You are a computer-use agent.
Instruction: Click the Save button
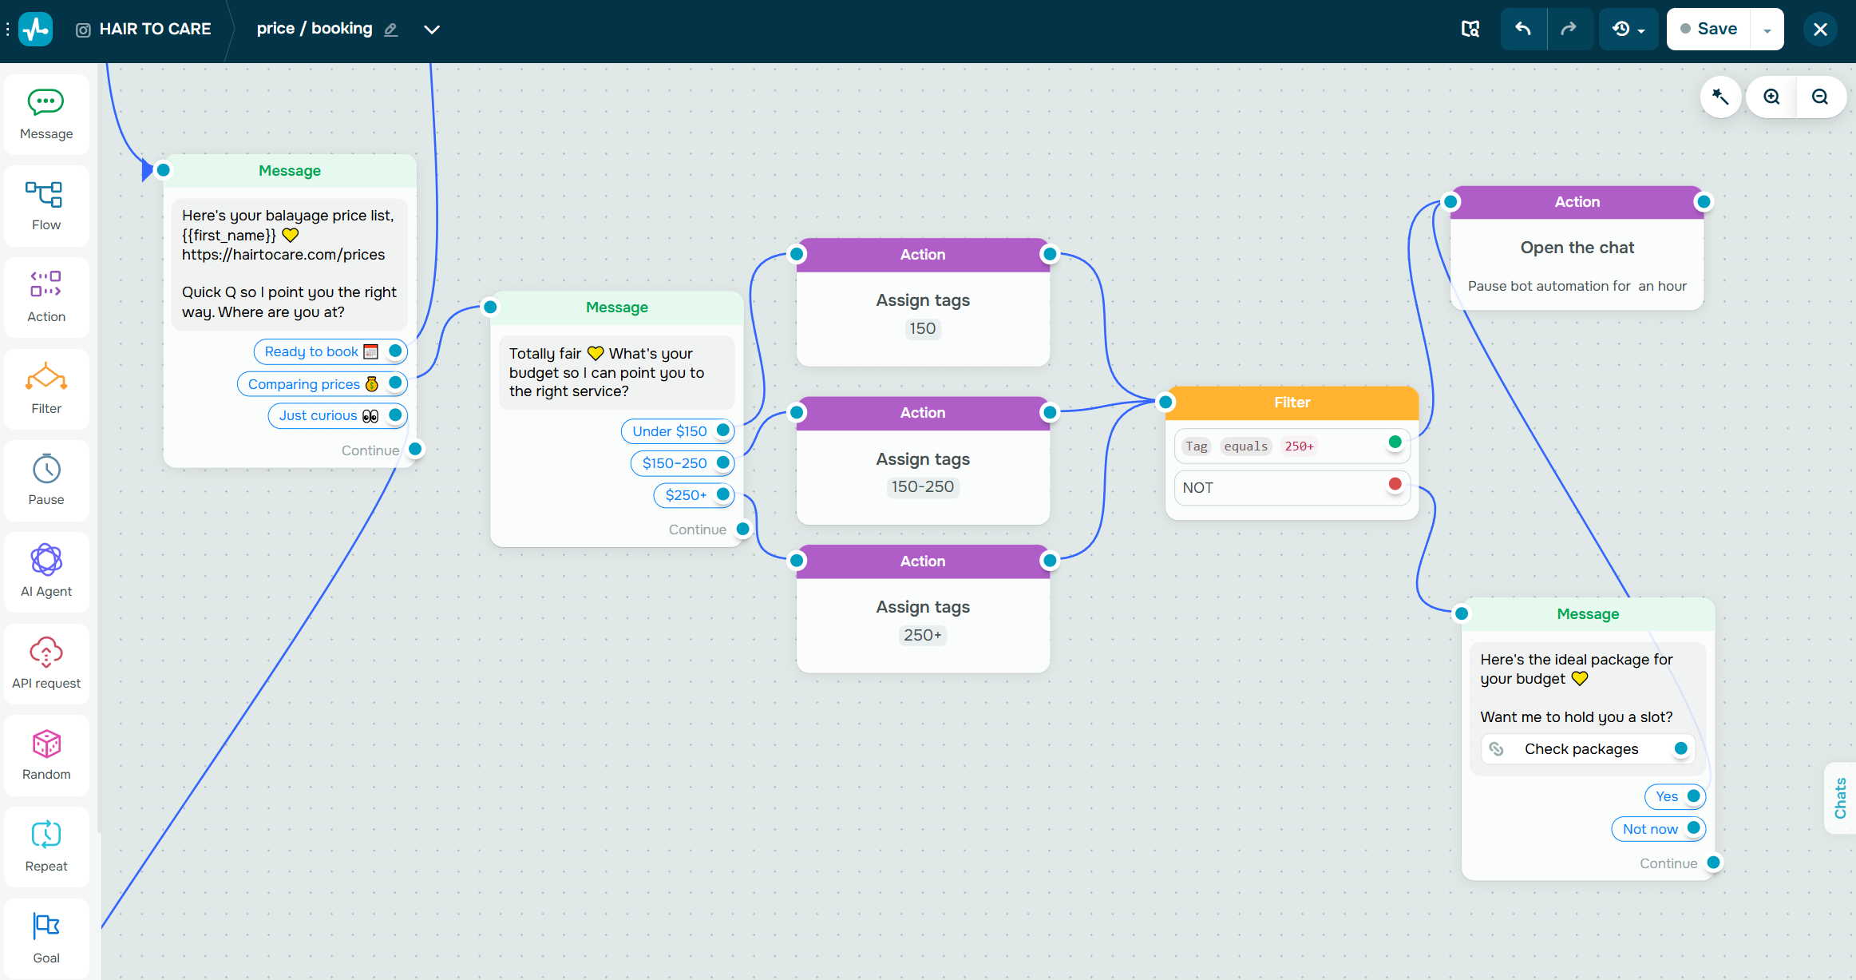click(1708, 29)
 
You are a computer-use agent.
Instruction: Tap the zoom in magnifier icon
click(1771, 97)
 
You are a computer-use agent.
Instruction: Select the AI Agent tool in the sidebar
click(46, 571)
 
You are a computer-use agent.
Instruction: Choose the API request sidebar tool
click(46, 663)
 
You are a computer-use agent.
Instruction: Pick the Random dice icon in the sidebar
click(46, 744)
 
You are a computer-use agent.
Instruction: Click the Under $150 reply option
click(677, 431)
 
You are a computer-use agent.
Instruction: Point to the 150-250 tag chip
click(923, 486)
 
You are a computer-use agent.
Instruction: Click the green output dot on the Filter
click(1395, 442)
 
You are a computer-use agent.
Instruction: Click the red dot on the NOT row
click(1395, 484)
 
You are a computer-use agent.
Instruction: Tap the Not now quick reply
click(1658, 829)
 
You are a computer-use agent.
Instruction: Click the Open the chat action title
click(1577, 248)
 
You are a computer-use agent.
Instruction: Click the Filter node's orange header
click(1292, 403)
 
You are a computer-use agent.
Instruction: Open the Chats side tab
click(1841, 798)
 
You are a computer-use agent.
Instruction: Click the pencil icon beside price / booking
click(390, 30)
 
